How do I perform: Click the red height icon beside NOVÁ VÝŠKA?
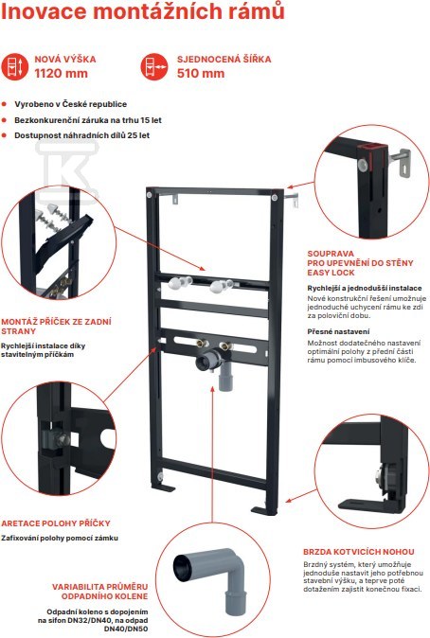coord(14,66)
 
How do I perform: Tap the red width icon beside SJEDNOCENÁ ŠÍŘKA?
coord(154,66)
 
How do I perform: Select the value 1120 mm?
coord(61,74)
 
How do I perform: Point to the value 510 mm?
coord(201,74)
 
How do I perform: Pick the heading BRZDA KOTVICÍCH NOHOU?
coord(359,552)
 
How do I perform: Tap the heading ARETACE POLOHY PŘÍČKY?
coord(56,523)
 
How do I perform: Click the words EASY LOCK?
coord(331,273)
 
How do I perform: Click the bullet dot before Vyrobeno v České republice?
coord(5,104)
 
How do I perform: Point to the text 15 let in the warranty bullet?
coord(152,120)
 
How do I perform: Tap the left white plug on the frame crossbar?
coord(179,283)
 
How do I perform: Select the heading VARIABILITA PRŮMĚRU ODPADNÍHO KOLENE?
coord(99,592)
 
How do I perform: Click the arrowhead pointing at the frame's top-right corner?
coord(289,187)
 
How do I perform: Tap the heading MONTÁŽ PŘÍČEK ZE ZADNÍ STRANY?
coord(56,327)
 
